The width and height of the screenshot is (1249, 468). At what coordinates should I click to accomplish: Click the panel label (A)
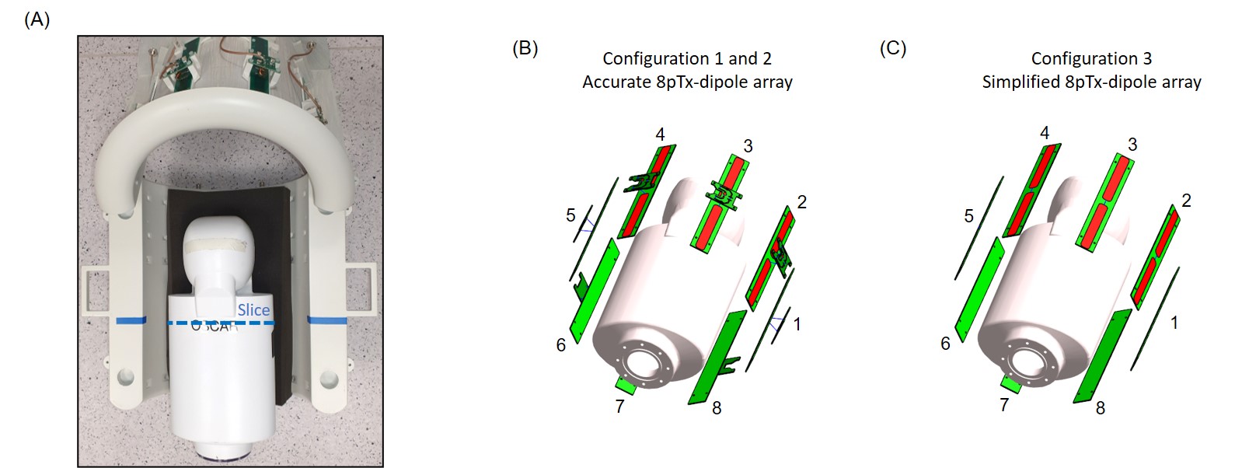pos(37,20)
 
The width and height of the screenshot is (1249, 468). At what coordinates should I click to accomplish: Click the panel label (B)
pos(525,48)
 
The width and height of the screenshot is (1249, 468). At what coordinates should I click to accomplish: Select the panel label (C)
pos(893,48)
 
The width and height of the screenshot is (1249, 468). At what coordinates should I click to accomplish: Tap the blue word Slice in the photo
pos(253,310)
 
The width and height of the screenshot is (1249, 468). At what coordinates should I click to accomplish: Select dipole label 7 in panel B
pos(619,407)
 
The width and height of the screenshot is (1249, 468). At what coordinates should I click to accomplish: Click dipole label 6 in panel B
pos(561,344)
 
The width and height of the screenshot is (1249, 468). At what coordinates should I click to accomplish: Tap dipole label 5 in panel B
pos(570,215)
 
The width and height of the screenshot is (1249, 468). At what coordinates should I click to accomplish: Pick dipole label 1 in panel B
pos(797,324)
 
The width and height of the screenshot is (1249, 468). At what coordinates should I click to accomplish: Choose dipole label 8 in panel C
pos(1100,408)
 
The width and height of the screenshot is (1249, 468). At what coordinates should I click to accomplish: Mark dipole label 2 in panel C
pos(1186,201)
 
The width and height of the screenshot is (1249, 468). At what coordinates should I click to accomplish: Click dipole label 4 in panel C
pos(1045,133)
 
